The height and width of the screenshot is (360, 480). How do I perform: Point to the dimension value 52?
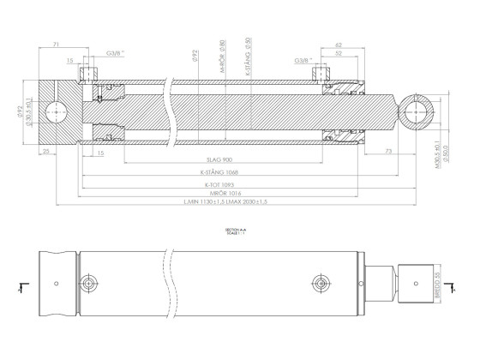click(339, 53)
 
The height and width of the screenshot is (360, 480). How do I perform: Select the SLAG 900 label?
click(221, 161)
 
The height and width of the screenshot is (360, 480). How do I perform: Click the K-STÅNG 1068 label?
click(219, 172)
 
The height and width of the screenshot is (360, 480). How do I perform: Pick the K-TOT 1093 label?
click(219, 183)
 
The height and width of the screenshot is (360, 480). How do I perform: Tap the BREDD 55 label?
click(436, 283)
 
